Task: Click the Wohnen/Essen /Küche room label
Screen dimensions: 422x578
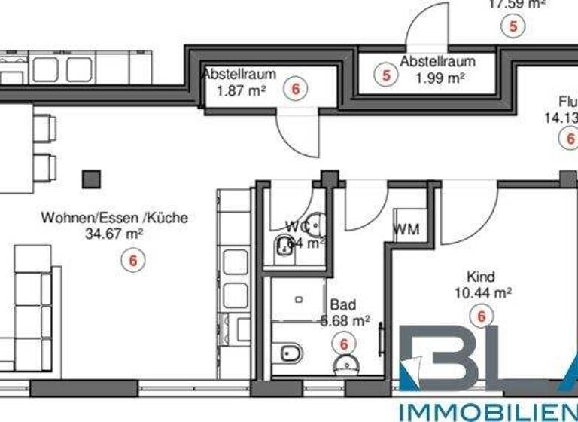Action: (114, 219)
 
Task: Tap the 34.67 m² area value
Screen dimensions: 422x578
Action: (114, 234)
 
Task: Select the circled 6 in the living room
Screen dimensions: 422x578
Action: (133, 260)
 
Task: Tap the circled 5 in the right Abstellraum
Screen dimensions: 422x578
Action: (387, 75)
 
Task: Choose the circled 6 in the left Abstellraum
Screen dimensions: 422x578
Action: (295, 89)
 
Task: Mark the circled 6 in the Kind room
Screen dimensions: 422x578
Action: (480, 316)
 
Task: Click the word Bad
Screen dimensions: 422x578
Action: (342, 305)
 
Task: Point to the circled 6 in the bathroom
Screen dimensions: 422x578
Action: (345, 344)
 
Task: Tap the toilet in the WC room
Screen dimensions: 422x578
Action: (284, 246)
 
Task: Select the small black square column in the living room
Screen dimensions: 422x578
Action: (91, 179)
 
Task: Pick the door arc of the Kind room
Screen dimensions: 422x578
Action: (467, 215)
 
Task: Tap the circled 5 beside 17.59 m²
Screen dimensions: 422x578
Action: (513, 26)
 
